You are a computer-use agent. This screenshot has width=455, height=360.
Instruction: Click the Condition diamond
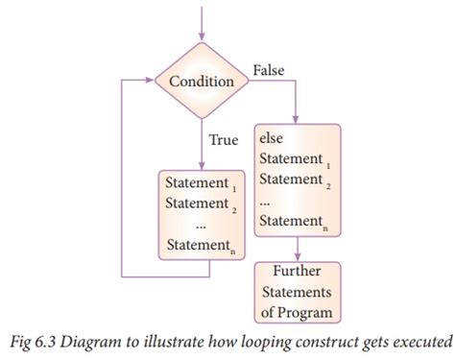pos(201,82)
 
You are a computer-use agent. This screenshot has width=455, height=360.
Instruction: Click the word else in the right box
pos(273,137)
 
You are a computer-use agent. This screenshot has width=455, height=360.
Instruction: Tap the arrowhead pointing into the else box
pos(297,118)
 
